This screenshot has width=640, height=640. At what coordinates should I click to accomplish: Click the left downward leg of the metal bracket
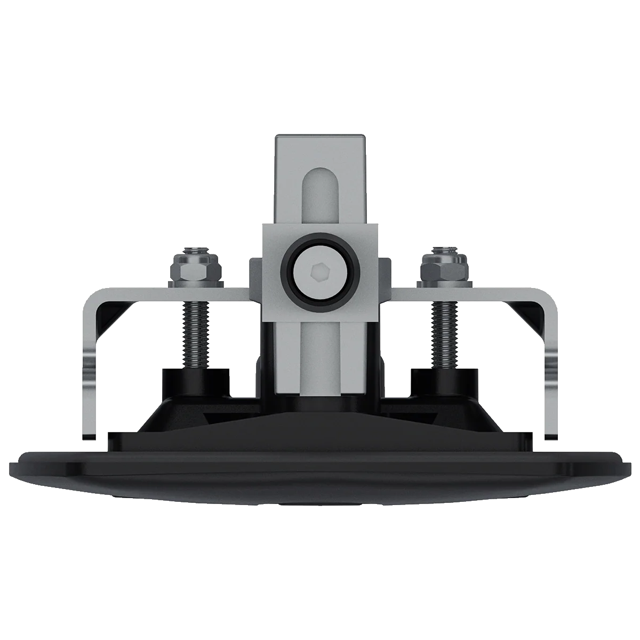[92, 384]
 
